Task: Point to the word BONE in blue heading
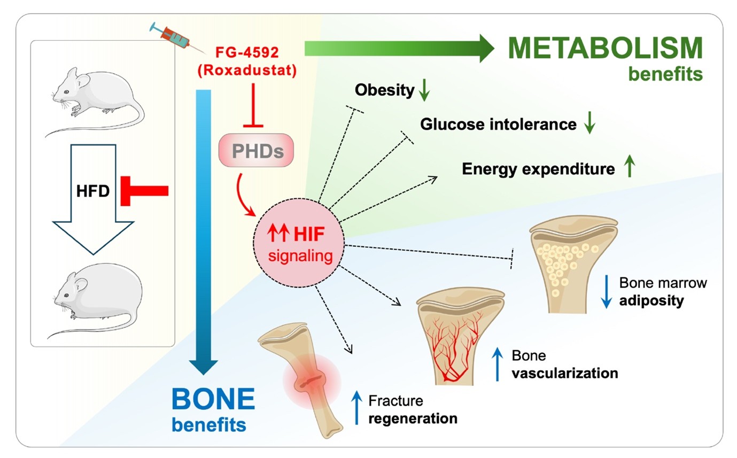[x=213, y=400]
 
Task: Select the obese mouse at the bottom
[x=99, y=299]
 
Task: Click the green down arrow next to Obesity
[x=424, y=91]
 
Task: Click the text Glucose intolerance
[x=498, y=125]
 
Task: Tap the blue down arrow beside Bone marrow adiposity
[x=606, y=292]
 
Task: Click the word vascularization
[x=564, y=372]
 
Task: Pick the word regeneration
[x=413, y=417]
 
